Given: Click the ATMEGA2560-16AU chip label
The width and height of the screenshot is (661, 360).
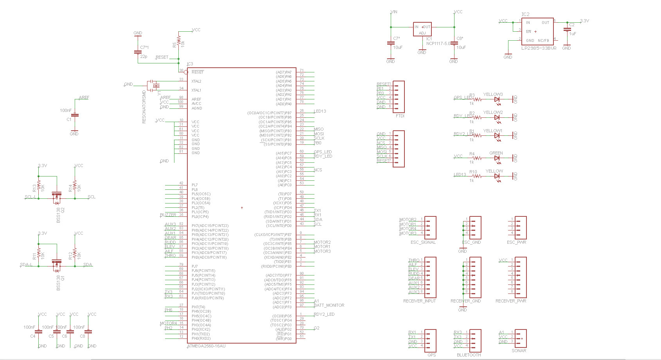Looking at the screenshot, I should click(206, 346).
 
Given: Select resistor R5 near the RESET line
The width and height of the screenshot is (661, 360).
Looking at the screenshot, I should click(179, 41).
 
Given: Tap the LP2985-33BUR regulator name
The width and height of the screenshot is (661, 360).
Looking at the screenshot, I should click(539, 48).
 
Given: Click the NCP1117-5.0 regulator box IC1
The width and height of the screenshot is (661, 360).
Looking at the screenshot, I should click(422, 29).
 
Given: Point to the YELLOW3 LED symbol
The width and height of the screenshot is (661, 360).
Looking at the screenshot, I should click(497, 99).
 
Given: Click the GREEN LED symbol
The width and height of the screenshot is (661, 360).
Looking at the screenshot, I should click(497, 158).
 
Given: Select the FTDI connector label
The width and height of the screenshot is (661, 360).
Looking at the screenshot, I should click(400, 116).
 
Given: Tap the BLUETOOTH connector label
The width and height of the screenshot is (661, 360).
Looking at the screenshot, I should click(469, 355).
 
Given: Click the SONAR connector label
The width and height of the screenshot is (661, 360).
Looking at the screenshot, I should click(519, 351).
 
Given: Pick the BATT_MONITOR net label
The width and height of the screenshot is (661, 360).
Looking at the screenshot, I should click(329, 305).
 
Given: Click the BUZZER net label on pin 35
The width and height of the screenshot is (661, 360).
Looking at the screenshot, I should click(168, 215).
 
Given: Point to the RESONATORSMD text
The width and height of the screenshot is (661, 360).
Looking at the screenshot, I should click(144, 107).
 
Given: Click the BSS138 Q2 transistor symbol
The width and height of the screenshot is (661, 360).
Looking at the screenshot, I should click(57, 198).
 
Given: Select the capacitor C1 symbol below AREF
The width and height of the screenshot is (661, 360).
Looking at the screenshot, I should click(74, 115).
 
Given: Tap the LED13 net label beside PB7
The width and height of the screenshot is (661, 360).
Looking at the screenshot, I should click(320, 111).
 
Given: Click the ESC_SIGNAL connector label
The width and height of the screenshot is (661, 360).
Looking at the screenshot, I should click(423, 242).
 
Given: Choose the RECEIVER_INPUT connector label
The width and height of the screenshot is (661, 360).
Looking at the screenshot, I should click(419, 301).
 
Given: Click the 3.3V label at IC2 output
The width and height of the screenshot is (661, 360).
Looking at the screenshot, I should click(584, 21).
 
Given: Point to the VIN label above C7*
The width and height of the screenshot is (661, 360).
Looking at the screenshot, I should click(394, 12).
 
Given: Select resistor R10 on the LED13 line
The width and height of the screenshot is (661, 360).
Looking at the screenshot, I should click(477, 176).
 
